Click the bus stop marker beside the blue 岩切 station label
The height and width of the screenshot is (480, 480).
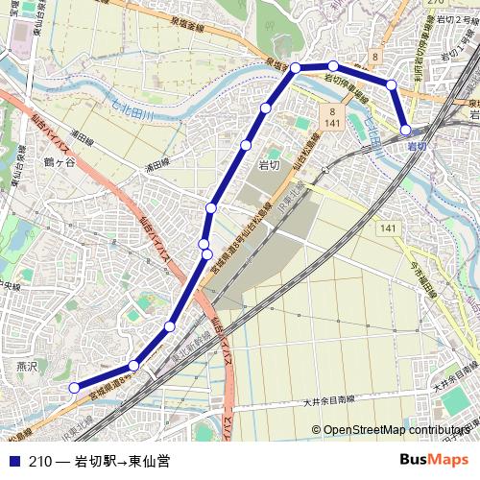(x=406, y=129)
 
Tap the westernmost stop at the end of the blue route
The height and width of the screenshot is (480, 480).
(x=74, y=387)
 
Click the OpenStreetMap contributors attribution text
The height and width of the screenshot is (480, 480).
(x=396, y=429)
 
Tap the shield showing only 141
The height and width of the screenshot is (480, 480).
(x=387, y=228)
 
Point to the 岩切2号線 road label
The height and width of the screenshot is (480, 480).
(x=450, y=19)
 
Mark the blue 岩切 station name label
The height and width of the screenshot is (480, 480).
(x=418, y=146)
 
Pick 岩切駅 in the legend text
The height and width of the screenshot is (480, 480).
(x=95, y=461)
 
